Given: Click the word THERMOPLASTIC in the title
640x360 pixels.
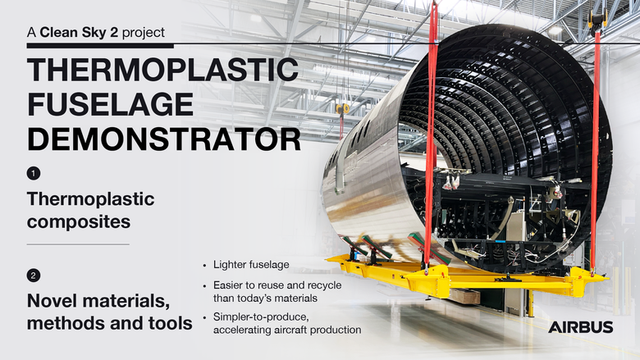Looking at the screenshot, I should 162,70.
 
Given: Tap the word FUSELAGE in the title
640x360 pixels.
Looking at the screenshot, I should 109,104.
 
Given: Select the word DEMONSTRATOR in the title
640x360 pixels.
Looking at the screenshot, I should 164,139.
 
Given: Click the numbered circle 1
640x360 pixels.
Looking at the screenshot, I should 33,174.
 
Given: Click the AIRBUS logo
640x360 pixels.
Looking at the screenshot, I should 580,327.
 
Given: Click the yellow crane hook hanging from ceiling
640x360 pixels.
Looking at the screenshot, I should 343,109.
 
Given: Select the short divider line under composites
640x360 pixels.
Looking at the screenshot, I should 78,244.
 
